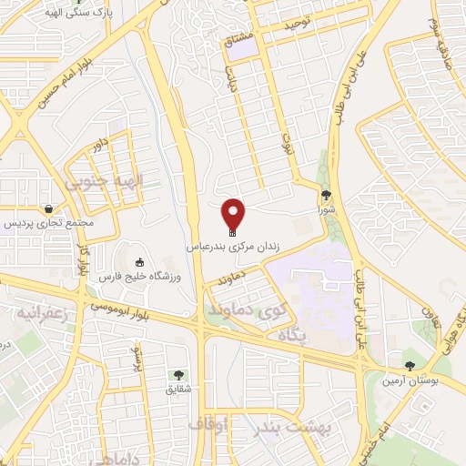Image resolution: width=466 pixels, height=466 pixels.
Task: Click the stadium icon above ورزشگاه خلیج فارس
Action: (x=139, y=262)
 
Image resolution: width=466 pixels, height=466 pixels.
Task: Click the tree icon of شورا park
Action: (x=327, y=194)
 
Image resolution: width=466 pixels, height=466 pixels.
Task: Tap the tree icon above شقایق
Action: (x=177, y=374)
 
